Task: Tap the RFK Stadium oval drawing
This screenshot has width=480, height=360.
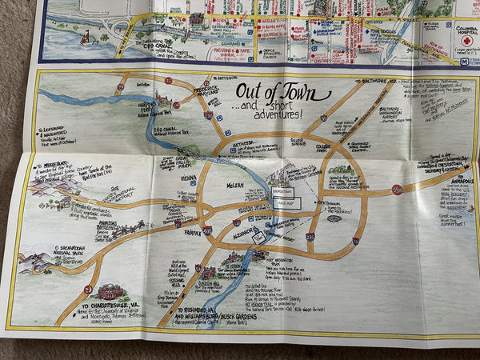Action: coord(334,218)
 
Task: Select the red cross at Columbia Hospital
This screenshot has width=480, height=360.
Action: coord(466,39)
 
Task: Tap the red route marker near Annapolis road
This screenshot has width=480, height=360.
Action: coord(397,190)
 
